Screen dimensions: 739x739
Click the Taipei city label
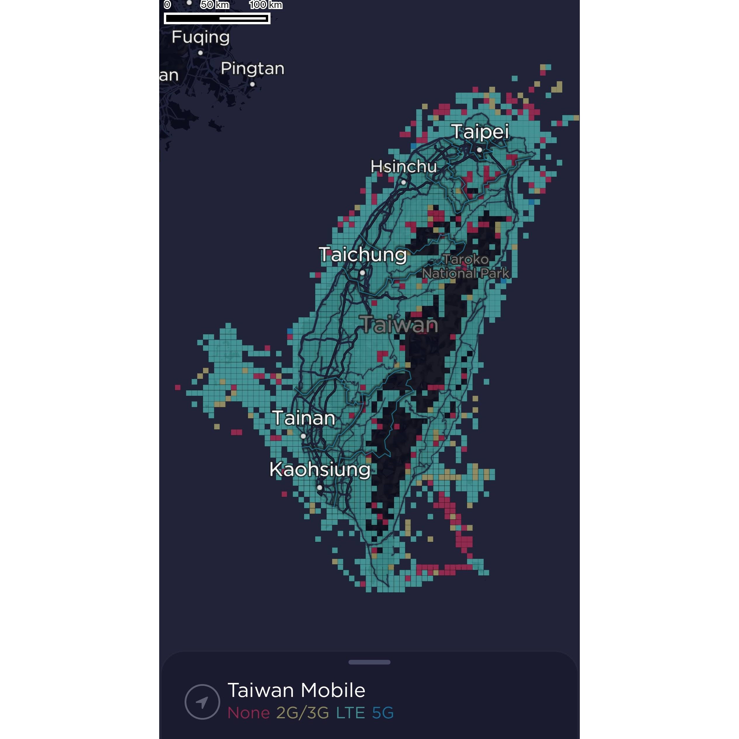480,131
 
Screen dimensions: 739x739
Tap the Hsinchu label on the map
404,166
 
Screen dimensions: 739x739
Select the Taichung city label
362,255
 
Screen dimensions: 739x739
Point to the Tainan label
304,418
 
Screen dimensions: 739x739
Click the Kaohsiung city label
320,469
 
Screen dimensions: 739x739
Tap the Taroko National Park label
466,267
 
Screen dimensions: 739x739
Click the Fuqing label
200,37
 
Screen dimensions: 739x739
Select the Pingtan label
252,68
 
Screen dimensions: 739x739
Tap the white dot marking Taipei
479,150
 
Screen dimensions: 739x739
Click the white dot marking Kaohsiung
319,488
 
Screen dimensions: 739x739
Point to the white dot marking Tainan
303,436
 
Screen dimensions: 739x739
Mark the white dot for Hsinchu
404,183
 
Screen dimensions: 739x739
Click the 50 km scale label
215,5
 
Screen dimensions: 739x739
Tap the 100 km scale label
266,5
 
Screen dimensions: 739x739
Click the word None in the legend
249,713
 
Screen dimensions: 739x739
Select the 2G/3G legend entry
302,713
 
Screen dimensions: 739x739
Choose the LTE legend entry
351,713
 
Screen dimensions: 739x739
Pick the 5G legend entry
383,713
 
